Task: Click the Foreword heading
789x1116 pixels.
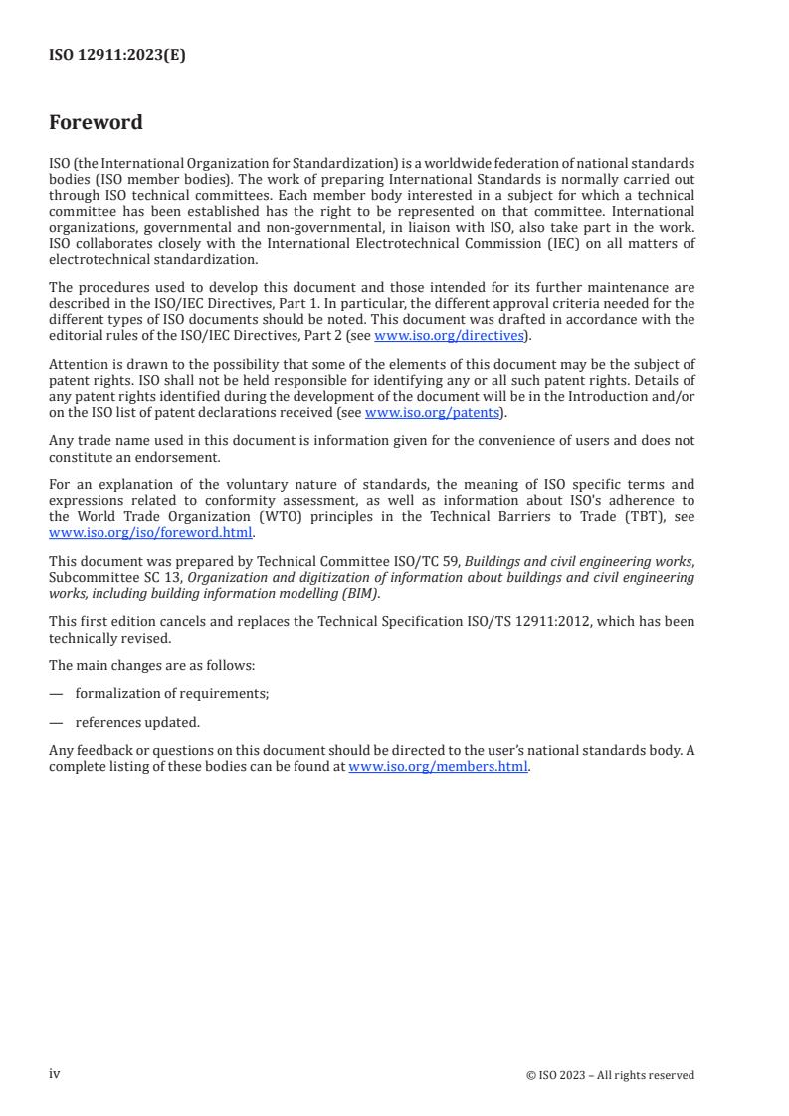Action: [96, 123]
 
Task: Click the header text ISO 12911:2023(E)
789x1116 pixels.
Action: [116, 56]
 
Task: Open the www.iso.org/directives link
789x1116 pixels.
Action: [449, 335]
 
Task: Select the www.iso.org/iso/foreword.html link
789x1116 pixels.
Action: [150, 532]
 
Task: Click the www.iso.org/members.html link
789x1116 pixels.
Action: [438, 766]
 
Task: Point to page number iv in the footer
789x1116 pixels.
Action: [55, 1074]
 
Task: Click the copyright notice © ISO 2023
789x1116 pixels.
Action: [610, 1075]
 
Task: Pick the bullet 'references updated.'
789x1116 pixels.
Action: [137, 723]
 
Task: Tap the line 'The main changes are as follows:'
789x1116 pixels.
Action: [151, 665]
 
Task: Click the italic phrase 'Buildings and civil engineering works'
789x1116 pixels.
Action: [578, 563]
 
